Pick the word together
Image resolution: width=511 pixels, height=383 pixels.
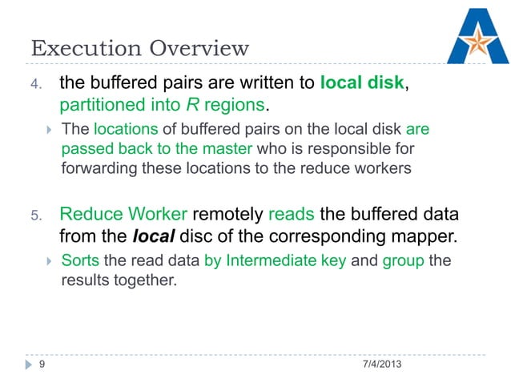pyautogui.click(x=144, y=281)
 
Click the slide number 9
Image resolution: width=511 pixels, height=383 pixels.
pyautogui.click(x=42, y=365)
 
